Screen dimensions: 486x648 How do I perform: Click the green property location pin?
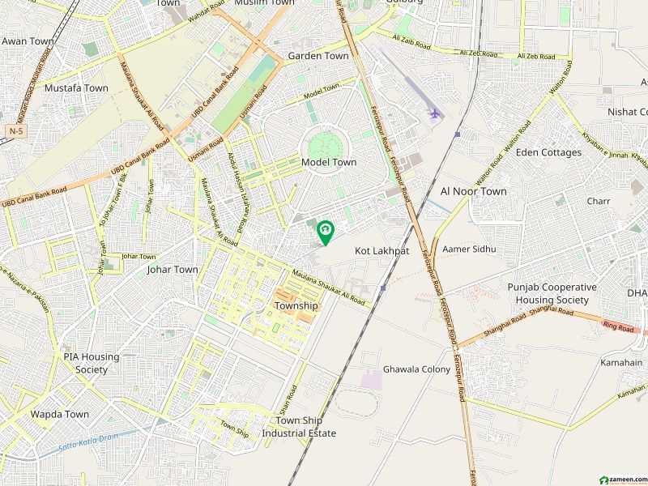tap(325, 232)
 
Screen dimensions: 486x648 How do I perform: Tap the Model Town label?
tap(329, 162)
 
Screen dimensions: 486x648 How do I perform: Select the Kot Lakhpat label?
tap(382, 252)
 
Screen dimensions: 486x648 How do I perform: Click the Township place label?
tap(296, 306)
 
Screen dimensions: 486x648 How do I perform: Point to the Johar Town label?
tap(173, 270)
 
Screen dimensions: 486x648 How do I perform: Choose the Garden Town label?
tap(318, 56)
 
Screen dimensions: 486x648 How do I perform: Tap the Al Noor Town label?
tap(473, 191)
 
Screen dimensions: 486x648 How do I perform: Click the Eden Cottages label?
tap(548, 152)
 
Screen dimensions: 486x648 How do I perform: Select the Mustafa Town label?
tap(76, 87)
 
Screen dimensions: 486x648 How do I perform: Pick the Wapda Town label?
tap(60, 414)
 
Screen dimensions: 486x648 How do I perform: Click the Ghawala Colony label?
tap(416, 369)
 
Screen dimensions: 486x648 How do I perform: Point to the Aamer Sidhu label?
tap(468, 249)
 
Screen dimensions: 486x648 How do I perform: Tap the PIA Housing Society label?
tap(92, 363)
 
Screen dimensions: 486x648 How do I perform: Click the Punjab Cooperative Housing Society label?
tap(552, 293)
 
